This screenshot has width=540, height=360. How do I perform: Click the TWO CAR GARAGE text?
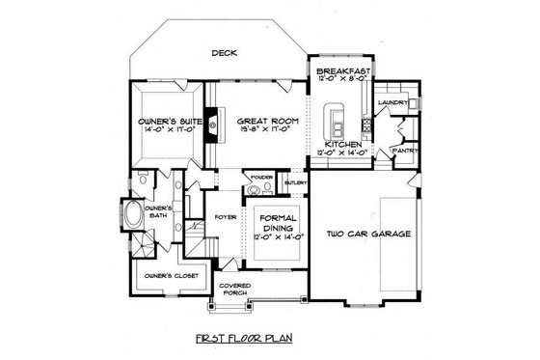point(368,235)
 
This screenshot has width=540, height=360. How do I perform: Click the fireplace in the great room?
point(208,125)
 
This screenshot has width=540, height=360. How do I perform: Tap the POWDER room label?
point(258,178)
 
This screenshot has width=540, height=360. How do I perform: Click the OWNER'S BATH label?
point(158,212)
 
